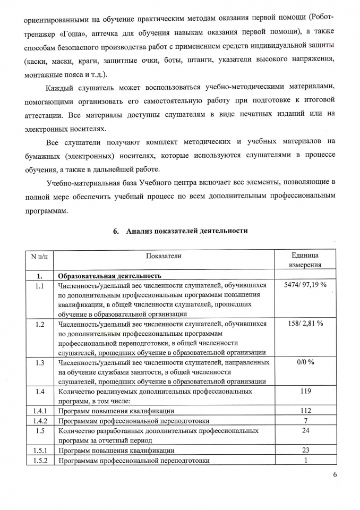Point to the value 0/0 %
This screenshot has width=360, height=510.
click(305, 362)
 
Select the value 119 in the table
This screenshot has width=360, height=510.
click(305, 392)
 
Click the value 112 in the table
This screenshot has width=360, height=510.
click(305, 411)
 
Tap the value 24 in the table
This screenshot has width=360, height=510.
click(305, 430)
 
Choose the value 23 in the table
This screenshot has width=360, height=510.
click(305, 450)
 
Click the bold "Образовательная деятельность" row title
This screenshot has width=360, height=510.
click(109, 276)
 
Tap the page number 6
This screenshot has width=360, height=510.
click(335, 475)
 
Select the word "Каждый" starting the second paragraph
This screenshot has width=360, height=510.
click(61, 86)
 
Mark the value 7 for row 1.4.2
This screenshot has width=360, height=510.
click(305, 421)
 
